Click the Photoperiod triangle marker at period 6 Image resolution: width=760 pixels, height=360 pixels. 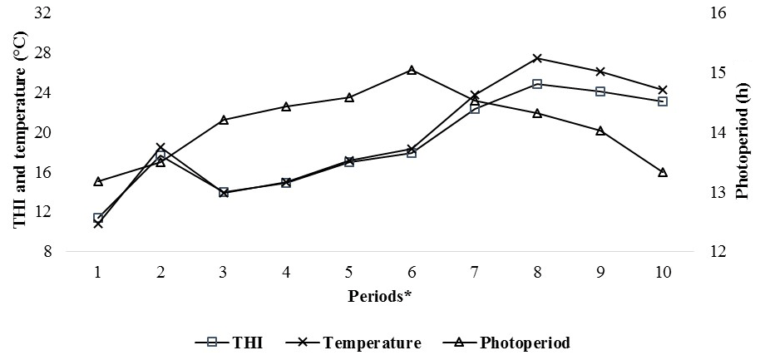tap(412, 70)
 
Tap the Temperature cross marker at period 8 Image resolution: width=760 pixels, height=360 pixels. tap(537, 58)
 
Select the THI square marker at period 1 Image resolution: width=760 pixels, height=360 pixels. tap(98, 218)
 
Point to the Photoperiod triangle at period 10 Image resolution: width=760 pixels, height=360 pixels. tap(663, 172)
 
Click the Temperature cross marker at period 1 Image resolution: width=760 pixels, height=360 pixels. tap(98, 224)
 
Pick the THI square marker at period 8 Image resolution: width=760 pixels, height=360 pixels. tap(537, 84)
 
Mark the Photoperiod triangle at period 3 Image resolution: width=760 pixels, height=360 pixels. tap(224, 120)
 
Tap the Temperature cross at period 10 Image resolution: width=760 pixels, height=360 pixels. tap(663, 90)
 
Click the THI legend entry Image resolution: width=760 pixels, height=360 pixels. tap(229, 343)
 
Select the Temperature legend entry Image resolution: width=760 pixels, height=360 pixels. tap(357, 343)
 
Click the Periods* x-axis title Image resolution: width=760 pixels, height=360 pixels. tap(380, 297)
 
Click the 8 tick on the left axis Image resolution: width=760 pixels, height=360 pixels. tap(49, 252)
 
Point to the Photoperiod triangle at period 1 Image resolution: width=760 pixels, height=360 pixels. tap(98, 181)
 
